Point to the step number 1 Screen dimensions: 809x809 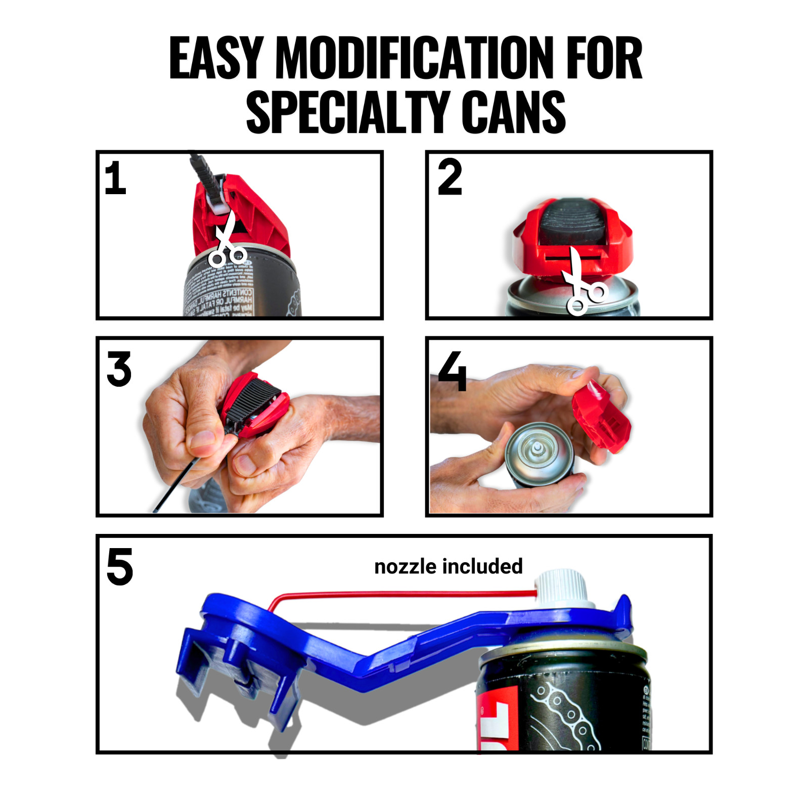point(115,178)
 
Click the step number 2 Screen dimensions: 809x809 point(450,177)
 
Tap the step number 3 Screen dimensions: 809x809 point(119,369)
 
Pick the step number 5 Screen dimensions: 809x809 point(120,567)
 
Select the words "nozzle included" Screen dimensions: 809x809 point(448,566)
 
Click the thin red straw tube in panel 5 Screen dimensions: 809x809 point(404,594)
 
